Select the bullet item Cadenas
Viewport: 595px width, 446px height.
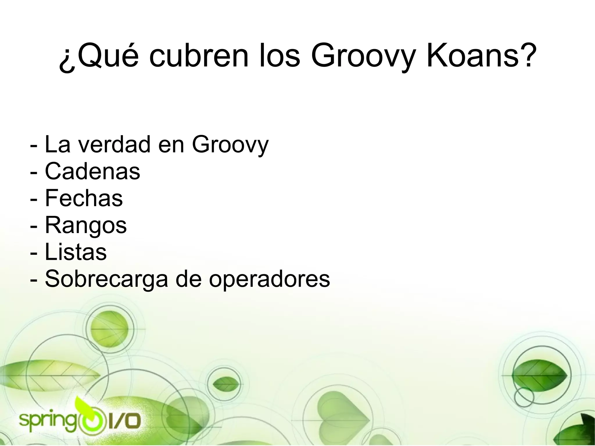(x=92, y=171)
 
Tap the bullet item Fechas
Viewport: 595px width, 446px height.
(x=84, y=198)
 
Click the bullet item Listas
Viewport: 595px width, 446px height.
(x=76, y=252)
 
